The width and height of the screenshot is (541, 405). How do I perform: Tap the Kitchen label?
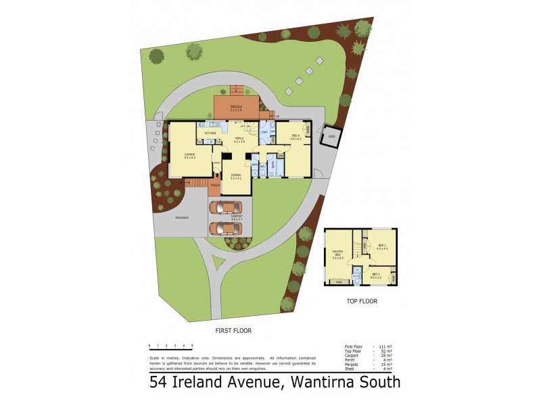tap(210, 134)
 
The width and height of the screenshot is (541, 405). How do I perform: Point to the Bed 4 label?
tap(296, 136)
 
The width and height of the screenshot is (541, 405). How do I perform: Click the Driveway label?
tap(182, 217)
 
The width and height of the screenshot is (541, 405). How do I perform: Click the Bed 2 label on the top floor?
tap(381, 246)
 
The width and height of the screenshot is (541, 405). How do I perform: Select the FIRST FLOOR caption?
tap(233, 331)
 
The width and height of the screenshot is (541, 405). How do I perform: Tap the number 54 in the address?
tap(160, 383)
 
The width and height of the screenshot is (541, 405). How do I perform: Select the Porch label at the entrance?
tap(215, 184)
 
